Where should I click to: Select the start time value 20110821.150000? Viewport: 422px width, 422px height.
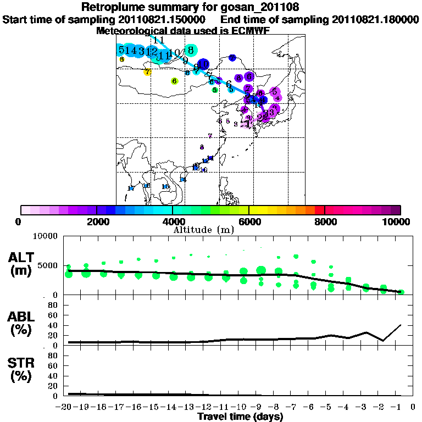click(x=164, y=19)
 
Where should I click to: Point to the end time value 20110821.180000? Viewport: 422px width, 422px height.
click(x=375, y=19)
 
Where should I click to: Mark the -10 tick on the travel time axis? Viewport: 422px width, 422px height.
click(x=241, y=407)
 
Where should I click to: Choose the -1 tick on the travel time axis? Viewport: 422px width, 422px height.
click(x=400, y=407)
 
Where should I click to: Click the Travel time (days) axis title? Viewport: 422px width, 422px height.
click(x=240, y=417)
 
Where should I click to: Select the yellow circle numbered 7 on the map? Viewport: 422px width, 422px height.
click(x=147, y=72)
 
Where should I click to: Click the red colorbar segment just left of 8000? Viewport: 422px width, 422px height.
click(x=319, y=210)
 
